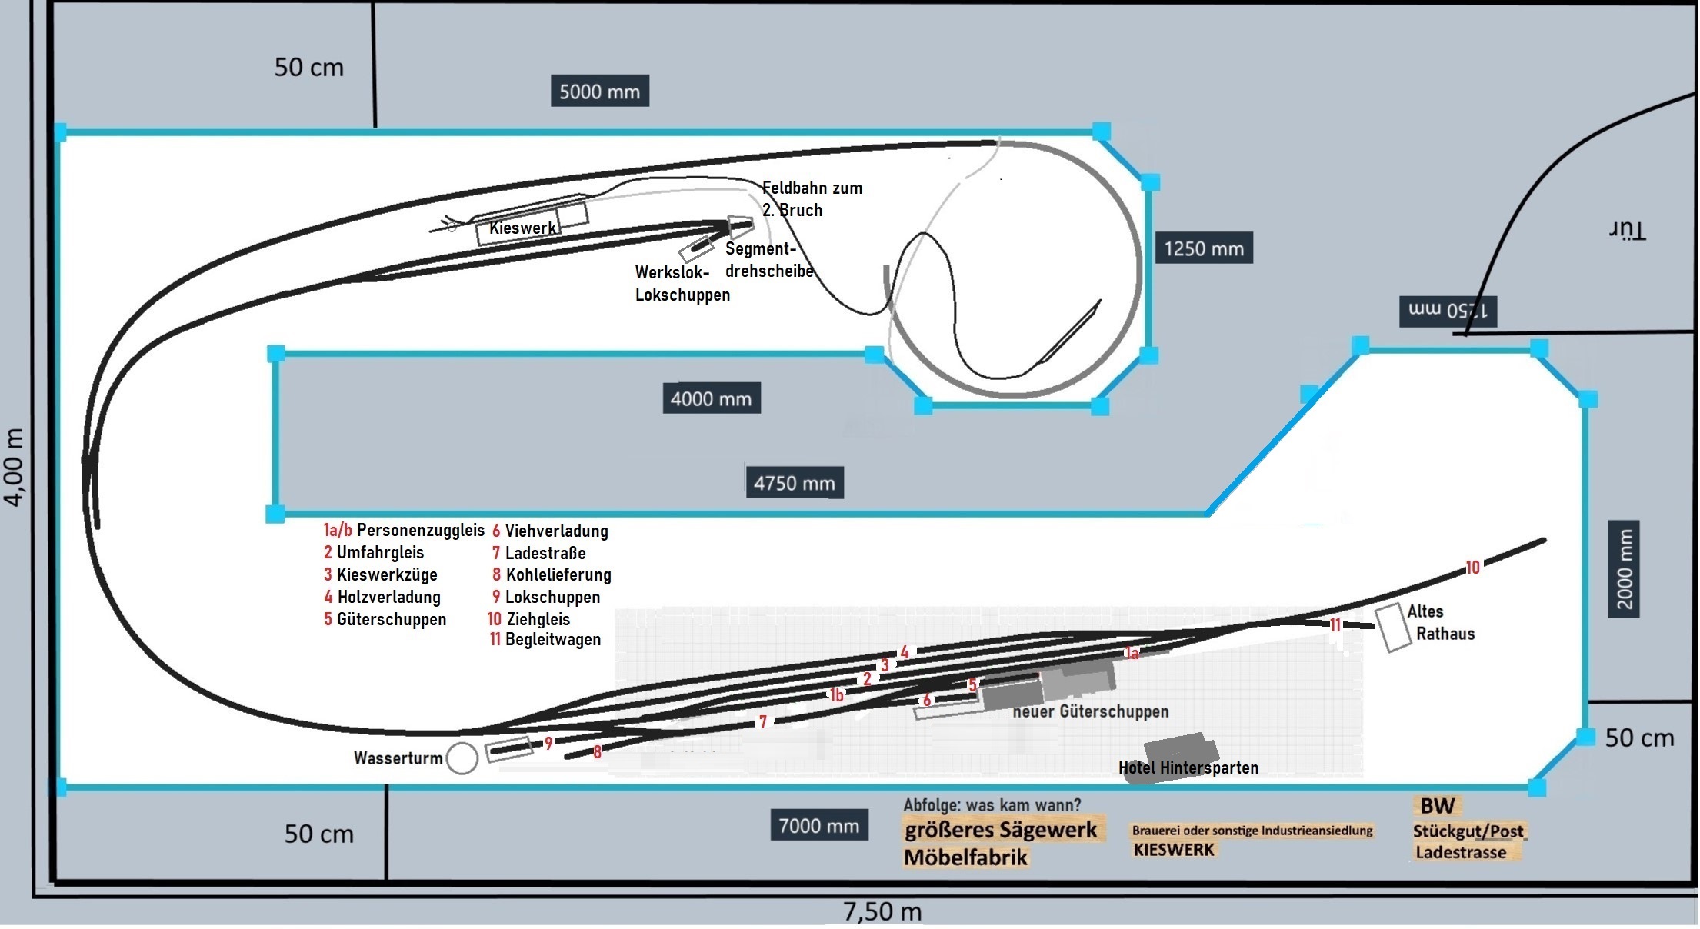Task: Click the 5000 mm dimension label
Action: point(599,92)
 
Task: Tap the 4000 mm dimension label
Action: point(711,398)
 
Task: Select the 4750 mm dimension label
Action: point(794,483)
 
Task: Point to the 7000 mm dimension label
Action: point(818,826)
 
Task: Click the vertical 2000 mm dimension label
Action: point(1623,569)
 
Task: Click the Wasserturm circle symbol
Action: point(462,758)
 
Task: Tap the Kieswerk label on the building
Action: point(522,228)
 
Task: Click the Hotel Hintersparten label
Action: point(1188,768)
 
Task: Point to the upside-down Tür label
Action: point(1627,230)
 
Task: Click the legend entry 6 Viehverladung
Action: point(550,531)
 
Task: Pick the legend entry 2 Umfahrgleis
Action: point(374,552)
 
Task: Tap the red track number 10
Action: point(1472,568)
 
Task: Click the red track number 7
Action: point(762,721)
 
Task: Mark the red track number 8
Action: point(597,752)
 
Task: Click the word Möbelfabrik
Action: point(965,857)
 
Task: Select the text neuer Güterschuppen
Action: point(1090,711)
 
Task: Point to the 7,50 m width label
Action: point(882,912)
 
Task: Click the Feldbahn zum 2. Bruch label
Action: point(812,198)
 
